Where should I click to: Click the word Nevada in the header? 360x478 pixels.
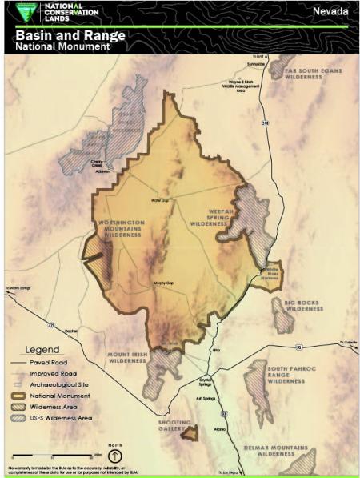pos(330,11)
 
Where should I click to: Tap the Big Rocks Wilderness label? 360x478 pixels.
pos(304,305)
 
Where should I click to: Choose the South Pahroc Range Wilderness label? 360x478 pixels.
pos(286,372)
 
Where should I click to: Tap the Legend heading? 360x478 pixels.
pos(42,350)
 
